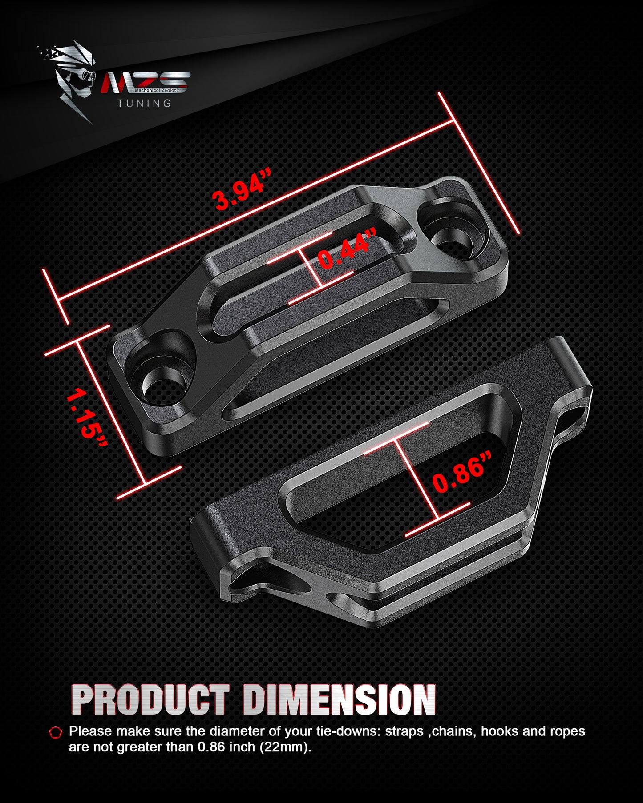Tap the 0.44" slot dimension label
(x=348, y=249)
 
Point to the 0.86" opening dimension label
(x=462, y=473)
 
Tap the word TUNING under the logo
(x=144, y=103)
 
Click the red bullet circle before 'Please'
(x=56, y=732)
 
